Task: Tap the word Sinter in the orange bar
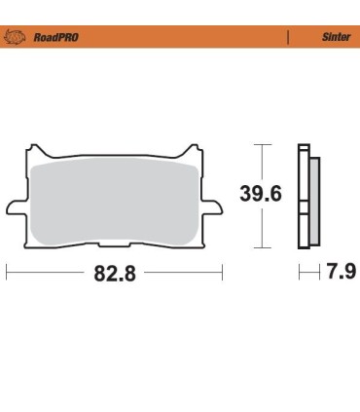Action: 336,37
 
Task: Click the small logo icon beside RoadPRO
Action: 18,37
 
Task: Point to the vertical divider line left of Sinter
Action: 288,37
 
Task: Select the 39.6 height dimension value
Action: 261,194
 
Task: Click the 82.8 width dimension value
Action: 114,274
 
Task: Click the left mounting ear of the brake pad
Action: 15,207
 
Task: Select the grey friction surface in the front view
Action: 115,200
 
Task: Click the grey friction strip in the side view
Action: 312,200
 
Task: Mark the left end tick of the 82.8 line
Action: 7,273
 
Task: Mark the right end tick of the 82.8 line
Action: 223,273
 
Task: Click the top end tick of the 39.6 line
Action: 261,144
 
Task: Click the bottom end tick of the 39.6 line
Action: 261,247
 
